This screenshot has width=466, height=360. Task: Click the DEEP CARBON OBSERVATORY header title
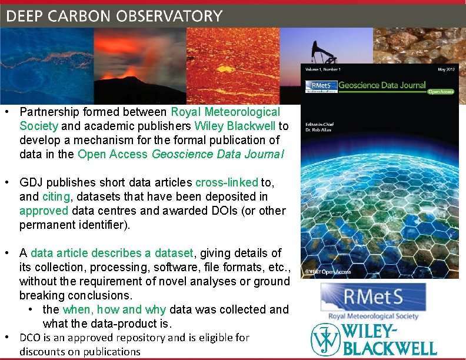coord(115,16)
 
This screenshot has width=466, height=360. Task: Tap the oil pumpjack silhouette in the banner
coord(324,52)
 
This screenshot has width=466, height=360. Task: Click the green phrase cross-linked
coord(226,182)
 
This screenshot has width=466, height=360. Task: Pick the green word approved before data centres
coord(42,211)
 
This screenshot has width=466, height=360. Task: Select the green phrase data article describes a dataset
coord(112,253)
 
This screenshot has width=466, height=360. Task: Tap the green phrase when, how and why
coord(116,309)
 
